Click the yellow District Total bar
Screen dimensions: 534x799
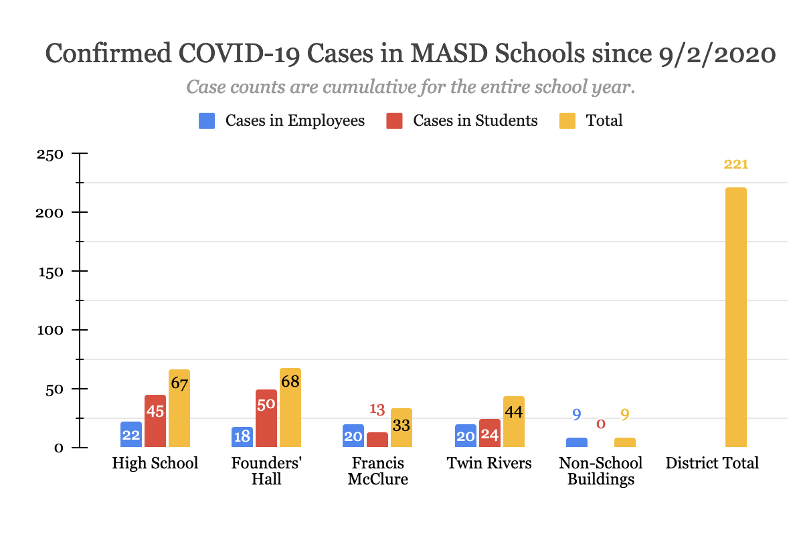[x=735, y=317]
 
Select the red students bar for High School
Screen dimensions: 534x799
[x=155, y=421]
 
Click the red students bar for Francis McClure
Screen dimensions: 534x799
[x=377, y=440]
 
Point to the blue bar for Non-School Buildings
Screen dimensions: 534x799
[x=577, y=442]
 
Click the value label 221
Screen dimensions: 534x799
[x=735, y=165]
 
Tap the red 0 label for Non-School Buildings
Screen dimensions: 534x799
[x=601, y=424]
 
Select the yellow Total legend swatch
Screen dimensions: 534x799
[x=566, y=121]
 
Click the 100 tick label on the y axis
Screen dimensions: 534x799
[x=50, y=330]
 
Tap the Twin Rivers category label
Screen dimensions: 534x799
[x=490, y=463]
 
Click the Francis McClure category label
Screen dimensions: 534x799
[x=378, y=471]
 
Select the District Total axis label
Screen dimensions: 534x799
[x=712, y=463]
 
